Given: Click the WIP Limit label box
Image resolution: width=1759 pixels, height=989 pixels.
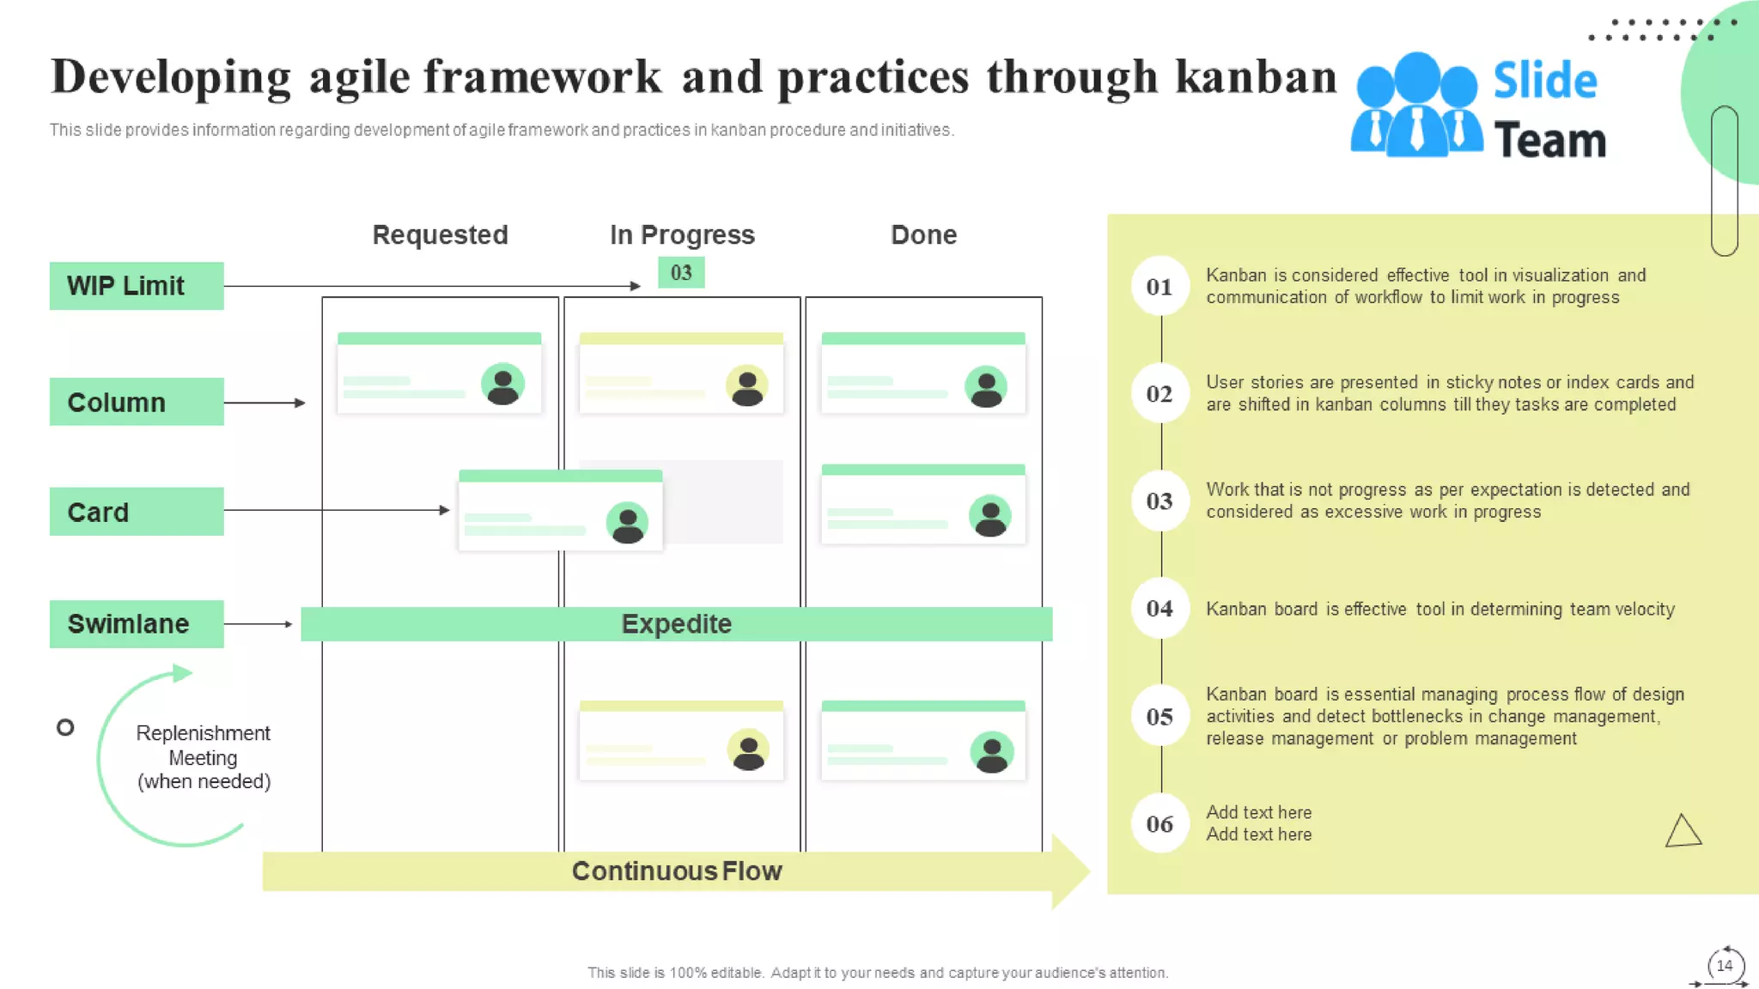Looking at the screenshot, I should [137, 286].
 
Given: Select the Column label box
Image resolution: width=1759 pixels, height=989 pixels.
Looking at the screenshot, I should [137, 402].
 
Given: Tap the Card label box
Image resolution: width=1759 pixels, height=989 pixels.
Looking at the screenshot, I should [137, 512].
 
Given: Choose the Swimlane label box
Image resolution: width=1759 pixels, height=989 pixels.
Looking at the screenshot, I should [137, 624].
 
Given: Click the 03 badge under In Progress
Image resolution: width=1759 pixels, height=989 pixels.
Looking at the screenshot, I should [681, 273].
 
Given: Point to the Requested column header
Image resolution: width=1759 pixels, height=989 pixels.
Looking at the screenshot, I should [440, 235].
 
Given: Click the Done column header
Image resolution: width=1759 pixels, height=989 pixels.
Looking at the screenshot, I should [923, 235].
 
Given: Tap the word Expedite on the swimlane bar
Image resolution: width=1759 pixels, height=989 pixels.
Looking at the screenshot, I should [676, 624].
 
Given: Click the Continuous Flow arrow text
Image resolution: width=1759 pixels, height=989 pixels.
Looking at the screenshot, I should [676, 871].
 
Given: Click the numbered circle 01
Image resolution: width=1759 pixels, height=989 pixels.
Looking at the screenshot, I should [1159, 287].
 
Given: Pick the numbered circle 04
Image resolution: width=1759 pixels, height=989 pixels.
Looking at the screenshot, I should [1159, 609].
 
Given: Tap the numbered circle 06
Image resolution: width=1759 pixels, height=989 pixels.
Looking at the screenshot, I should [1159, 824].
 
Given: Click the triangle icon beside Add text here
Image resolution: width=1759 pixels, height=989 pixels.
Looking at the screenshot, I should [1683, 832].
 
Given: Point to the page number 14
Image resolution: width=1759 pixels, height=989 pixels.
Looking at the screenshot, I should [1725, 966].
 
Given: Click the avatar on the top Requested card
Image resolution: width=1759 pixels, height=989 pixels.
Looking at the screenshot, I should [502, 384].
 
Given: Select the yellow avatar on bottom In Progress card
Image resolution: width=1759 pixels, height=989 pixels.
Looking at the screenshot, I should [748, 750].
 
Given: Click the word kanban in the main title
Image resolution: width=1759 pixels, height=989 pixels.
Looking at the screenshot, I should [1256, 77].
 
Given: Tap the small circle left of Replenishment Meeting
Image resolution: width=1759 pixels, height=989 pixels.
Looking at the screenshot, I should [65, 728].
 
